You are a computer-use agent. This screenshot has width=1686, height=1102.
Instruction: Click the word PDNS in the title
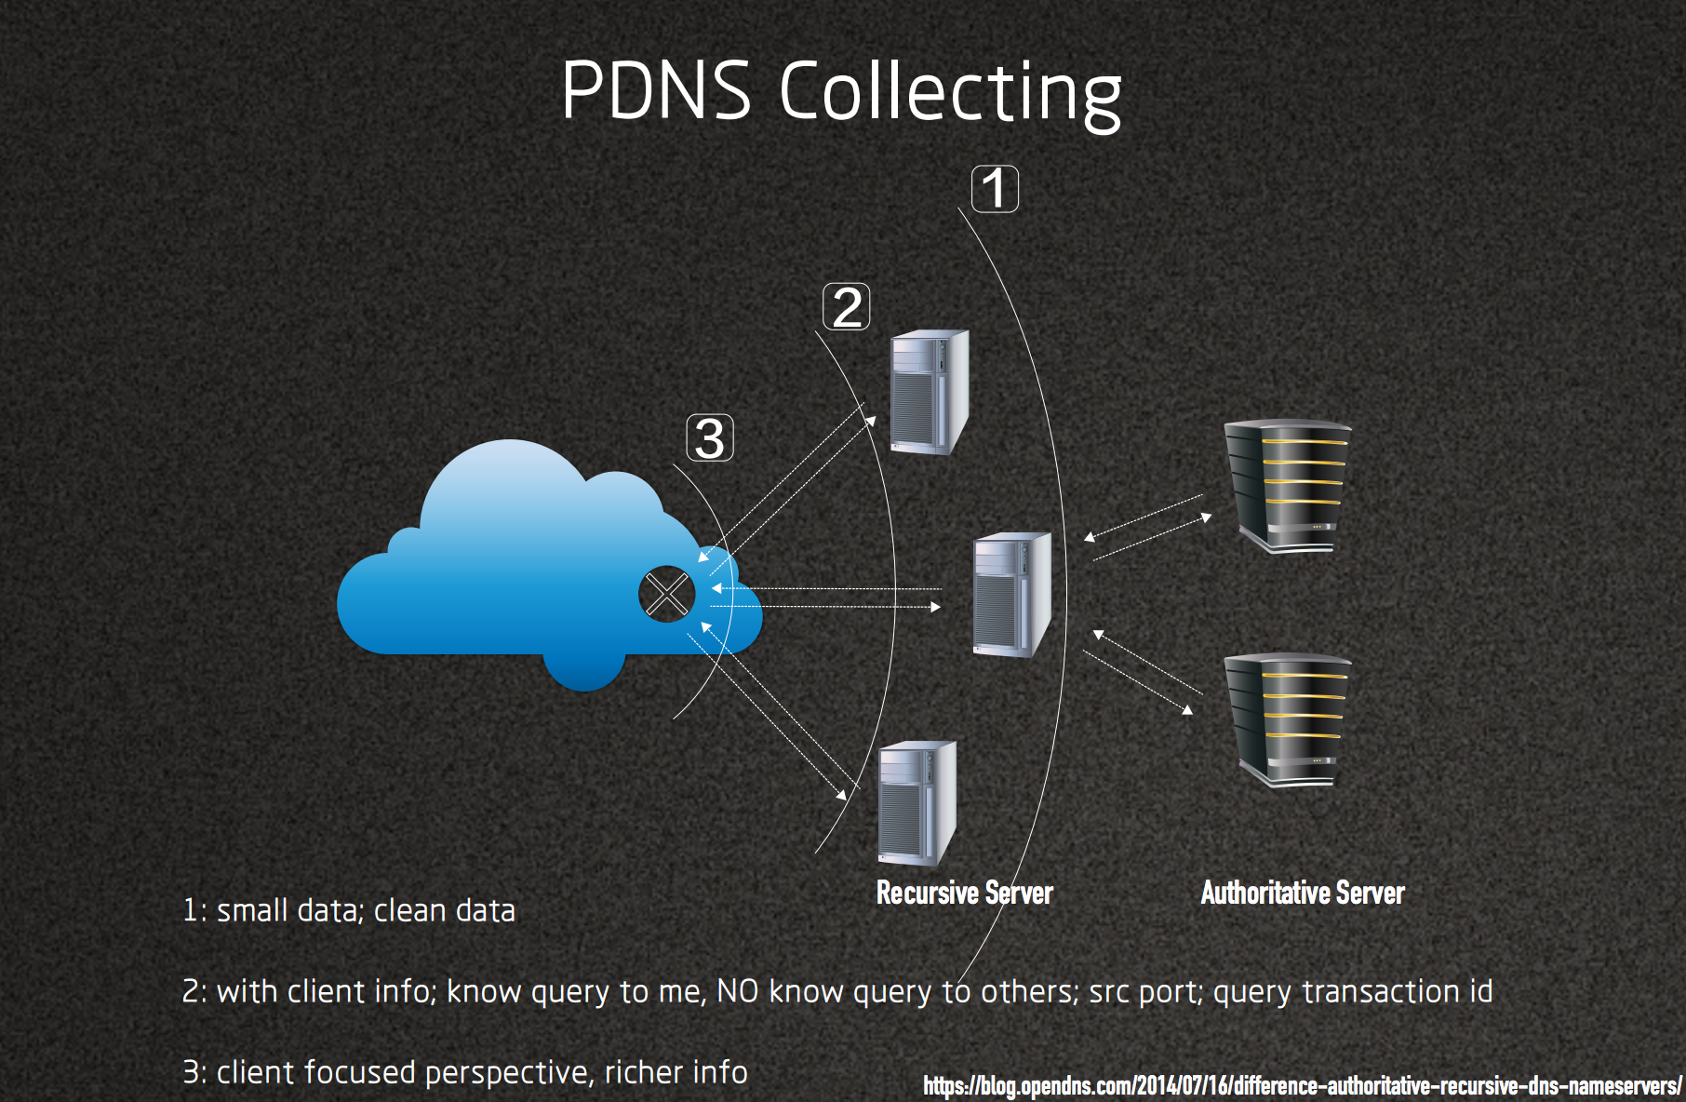tap(656, 91)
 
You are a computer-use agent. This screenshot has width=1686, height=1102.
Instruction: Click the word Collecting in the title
tap(950, 93)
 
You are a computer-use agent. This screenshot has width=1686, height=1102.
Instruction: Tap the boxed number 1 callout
tap(995, 189)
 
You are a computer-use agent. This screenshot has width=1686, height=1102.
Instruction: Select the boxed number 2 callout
tap(847, 307)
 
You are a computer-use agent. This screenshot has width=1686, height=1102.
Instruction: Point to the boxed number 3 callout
tap(710, 438)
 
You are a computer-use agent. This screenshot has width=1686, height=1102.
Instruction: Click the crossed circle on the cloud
tap(666, 594)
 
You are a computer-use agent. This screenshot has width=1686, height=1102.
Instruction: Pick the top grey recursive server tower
tap(929, 392)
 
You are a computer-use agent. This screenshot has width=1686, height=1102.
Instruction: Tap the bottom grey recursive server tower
tap(917, 803)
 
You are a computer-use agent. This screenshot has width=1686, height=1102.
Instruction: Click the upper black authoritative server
tap(1288, 486)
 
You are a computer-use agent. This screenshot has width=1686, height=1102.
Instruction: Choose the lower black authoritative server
tap(1288, 719)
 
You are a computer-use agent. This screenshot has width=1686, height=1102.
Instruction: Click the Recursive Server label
tap(964, 894)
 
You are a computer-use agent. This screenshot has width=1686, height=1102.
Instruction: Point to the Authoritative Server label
tap(1302, 894)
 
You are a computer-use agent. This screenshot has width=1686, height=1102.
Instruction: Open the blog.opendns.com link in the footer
tap(1302, 1085)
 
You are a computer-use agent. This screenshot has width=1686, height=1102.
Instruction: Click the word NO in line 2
tap(737, 992)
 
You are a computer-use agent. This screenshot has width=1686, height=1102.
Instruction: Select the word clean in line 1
tap(409, 910)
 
